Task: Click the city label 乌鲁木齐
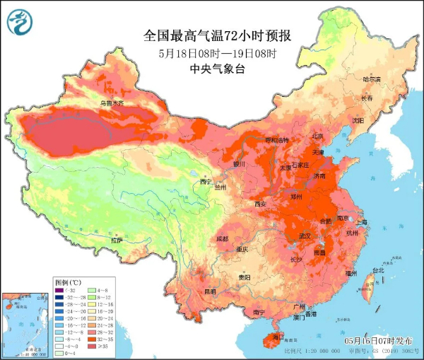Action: (x=111, y=104)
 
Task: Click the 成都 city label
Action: (x=223, y=238)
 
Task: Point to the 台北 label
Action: (x=378, y=270)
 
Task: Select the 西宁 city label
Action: (x=206, y=182)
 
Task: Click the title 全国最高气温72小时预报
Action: (x=212, y=35)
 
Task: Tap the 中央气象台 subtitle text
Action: (x=212, y=69)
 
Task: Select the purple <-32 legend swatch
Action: (x=60, y=290)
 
